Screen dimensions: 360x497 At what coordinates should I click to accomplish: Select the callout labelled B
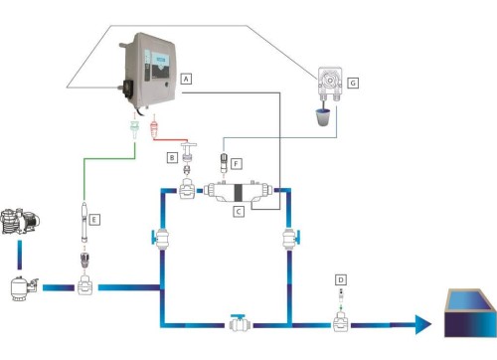coord(172,157)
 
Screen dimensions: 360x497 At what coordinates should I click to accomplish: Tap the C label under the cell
coord(238,211)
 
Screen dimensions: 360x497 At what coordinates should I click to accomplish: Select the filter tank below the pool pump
coord(22,289)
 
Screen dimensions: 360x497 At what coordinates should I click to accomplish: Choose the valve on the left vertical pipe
coord(160,239)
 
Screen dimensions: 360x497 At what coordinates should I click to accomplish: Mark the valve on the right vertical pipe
coord(287,239)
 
